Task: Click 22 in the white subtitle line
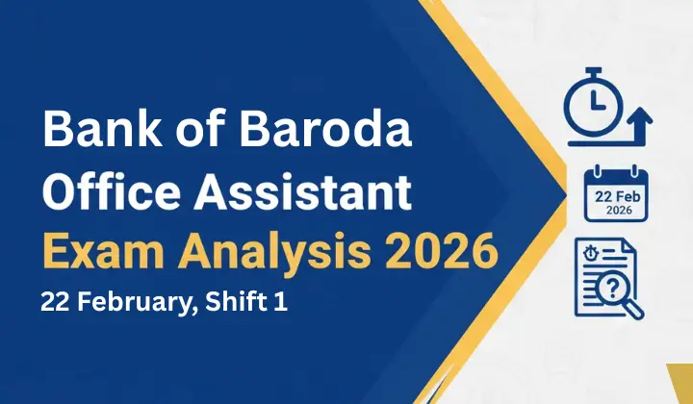pyautogui.click(x=54, y=302)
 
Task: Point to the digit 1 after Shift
pyautogui.click(x=280, y=302)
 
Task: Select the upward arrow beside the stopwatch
pyautogui.click(x=639, y=124)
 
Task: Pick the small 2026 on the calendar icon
pyautogui.click(x=616, y=210)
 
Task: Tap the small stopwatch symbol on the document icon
pyautogui.click(x=592, y=256)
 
